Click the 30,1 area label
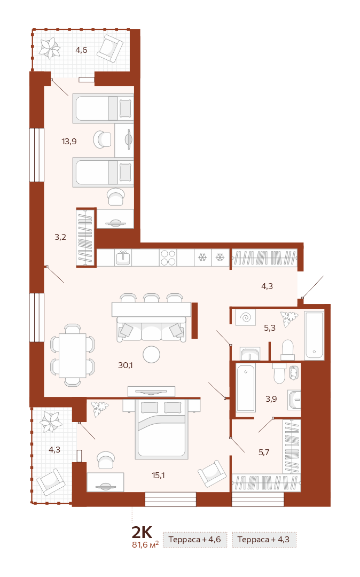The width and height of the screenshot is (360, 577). (126, 365)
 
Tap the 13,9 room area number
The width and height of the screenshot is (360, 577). (69, 141)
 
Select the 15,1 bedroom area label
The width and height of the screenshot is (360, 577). (158, 475)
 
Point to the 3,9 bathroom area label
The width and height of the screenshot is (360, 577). (271, 399)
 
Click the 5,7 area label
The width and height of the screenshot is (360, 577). (264, 453)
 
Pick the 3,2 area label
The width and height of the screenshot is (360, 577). (60, 237)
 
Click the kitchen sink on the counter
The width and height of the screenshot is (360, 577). (123, 257)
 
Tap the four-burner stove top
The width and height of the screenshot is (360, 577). (168, 258)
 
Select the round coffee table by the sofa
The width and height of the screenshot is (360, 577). (151, 355)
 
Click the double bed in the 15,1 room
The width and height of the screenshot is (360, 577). (162, 429)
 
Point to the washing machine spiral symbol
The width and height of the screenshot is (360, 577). (245, 317)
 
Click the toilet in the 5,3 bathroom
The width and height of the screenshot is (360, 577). (287, 350)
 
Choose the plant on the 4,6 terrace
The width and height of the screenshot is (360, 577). (50, 48)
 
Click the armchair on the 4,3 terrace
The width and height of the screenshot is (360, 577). (51, 482)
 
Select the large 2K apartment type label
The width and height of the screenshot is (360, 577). (142, 533)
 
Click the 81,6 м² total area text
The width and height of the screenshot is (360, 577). (145, 544)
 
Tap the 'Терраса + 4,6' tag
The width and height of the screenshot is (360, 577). (195, 540)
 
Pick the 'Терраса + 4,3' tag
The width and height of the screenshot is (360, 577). (264, 540)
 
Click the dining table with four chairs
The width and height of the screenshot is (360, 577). (73, 355)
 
